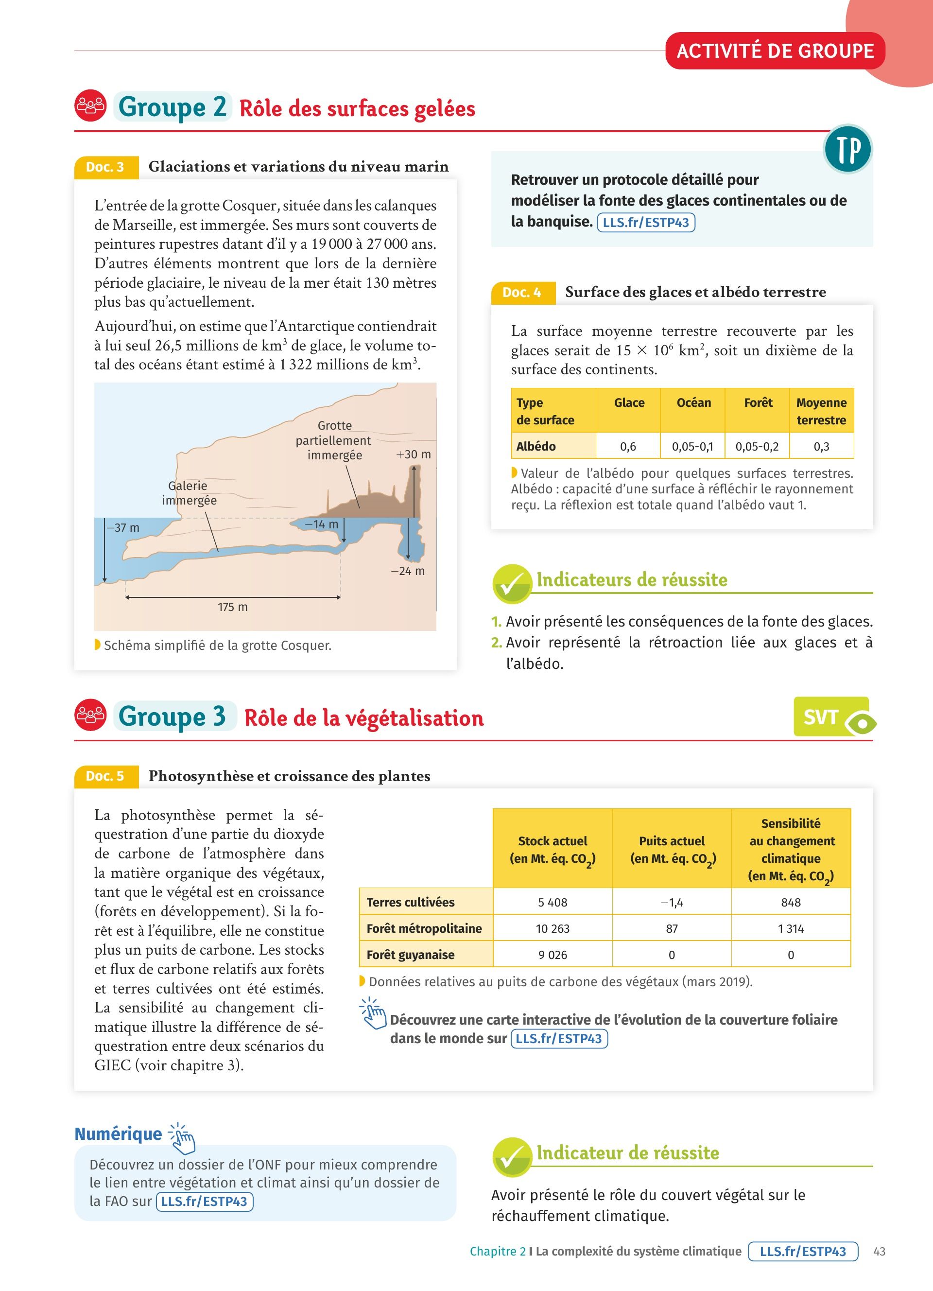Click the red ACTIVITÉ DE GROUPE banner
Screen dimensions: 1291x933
(775, 51)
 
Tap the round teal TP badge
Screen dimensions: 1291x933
(847, 149)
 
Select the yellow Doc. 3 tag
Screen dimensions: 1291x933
(106, 167)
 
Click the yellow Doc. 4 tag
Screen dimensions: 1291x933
(522, 293)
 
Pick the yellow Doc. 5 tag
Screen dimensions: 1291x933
(106, 776)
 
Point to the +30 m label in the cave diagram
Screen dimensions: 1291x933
(414, 454)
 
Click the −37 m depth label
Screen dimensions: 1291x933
(123, 528)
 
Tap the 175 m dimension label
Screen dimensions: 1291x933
(233, 607)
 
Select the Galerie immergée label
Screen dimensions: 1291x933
(189, 493)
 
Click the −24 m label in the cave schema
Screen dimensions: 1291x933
(407, 571)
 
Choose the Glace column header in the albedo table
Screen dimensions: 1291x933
(629, 403)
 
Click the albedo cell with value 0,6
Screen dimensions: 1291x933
(628, 446)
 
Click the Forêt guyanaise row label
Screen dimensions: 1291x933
(411, 955)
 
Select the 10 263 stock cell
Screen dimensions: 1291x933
(553, 928)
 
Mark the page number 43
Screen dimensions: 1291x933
(879, 1251)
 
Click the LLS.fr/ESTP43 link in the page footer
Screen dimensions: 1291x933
(803, 1251)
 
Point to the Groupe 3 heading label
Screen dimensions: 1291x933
(173, 716)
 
